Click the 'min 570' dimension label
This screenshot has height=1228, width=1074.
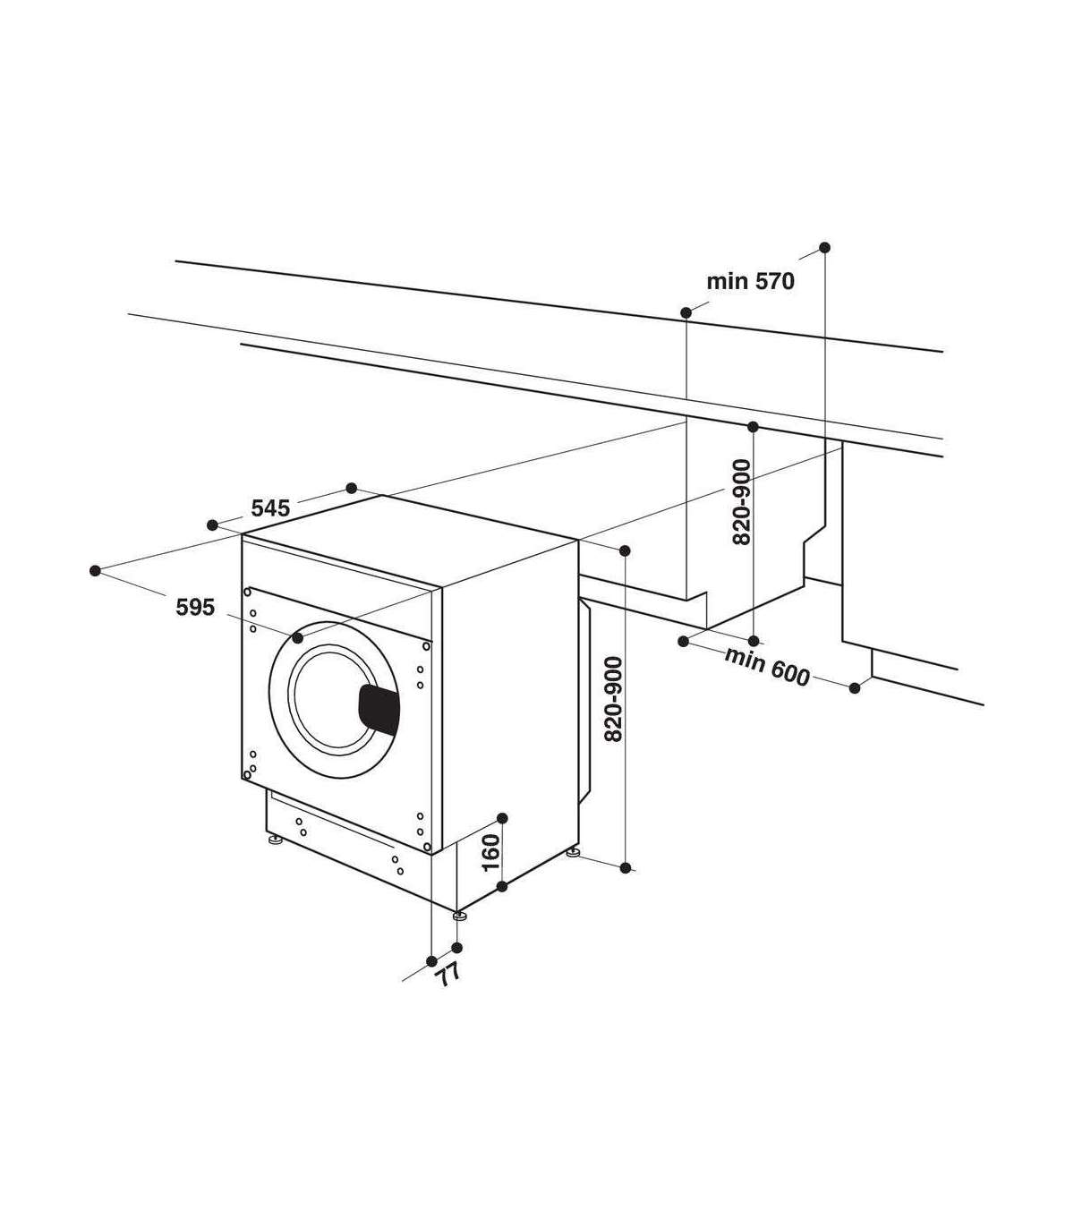[x=750, y=281]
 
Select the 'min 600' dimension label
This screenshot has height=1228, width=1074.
[x=767, y=666]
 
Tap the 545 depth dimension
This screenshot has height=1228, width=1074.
[x=270, y=508]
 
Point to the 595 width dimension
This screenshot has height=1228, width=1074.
[x=195, y=608]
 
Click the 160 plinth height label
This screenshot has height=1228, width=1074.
[x=490, y=852]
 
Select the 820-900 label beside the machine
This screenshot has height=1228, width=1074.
[x=612, y=699]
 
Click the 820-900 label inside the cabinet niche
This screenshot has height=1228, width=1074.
[x=742, y=502]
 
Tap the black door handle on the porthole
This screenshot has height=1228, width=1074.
[x=379, y=710]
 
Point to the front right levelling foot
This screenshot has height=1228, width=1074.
[x=460, y=933]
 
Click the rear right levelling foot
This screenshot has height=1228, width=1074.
[x=573, y=852]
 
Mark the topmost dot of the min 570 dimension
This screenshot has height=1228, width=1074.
[x=824, y=247]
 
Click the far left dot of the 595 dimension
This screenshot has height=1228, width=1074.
[x=94, y=571]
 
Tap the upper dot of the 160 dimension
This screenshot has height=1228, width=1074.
[x=503, y=818]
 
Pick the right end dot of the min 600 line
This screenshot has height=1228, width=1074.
[x=855, y=687]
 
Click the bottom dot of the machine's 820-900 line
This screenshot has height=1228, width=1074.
[x=626, y=867]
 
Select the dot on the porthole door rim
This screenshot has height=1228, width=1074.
[x=298, y=636]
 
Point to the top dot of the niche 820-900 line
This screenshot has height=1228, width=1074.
[x=753, y=427]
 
